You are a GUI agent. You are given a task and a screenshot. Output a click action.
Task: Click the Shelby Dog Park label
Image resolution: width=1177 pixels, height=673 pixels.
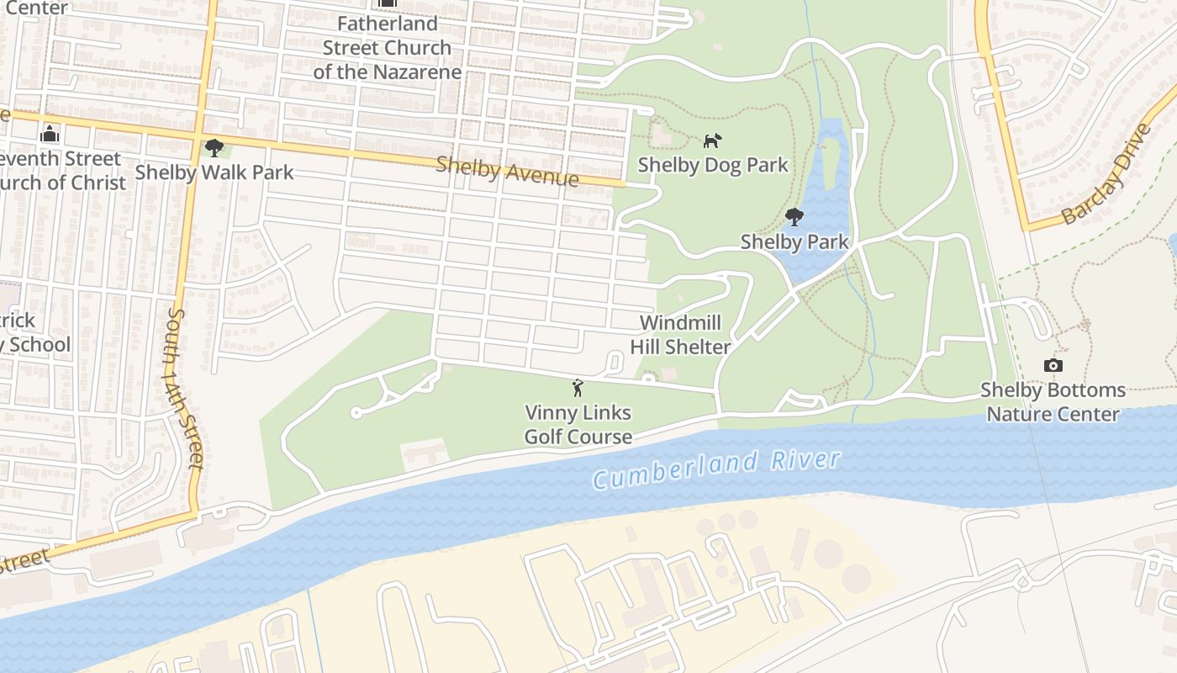pyautogui.click(x=713, y=164)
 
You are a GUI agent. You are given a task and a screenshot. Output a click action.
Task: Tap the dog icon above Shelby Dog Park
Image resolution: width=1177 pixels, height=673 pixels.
pyautogui.click(x=712, y=140)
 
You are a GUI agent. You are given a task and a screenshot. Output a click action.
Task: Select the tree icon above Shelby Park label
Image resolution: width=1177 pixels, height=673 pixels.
pyautogui.click(x=794, y=218)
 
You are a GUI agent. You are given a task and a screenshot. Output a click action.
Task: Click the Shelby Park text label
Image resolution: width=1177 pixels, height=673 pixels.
pyautogui.click(x=794, y=242)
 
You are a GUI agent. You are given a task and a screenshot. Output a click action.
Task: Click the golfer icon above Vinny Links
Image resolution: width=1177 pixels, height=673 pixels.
pyautogui.click(x=578, y=389)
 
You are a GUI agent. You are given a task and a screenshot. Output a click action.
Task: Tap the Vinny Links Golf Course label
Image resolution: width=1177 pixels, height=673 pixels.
pyautogui.click(x=578, y=425)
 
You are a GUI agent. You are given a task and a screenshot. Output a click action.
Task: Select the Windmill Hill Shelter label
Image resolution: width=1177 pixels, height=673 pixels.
pyautogui.click(x=681, y=335)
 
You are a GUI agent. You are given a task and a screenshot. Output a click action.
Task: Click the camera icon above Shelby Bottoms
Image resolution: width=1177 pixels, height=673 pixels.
pyautogui.click(x=1053, y=365)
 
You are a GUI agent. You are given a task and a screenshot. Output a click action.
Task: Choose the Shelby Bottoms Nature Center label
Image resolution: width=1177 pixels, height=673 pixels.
pyautogui.click(x=1053, y=402)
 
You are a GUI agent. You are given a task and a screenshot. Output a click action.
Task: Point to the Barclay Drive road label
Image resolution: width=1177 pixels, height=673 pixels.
pyautogui.click(x=1106, y=175)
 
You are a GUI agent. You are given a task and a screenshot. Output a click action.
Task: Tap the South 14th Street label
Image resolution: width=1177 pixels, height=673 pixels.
pyautogui.click(x=185, y=388)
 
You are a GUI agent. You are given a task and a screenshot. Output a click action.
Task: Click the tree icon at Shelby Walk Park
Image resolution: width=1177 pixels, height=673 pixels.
pyautogui.click(x=214, y=148)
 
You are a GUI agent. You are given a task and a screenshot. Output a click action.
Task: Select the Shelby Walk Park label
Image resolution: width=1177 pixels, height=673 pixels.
pyautogui.click(x=214, y=172)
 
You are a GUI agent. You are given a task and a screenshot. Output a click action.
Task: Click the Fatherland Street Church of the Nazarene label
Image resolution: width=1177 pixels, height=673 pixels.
pyautogui.click(x=388, y=48)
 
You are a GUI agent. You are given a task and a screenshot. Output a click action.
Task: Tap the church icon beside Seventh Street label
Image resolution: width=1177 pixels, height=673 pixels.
pyautogui.click(x=50, y=134)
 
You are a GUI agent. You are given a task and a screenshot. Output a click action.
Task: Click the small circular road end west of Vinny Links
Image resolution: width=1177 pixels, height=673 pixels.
pyautogui.click(x=356, y=412)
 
